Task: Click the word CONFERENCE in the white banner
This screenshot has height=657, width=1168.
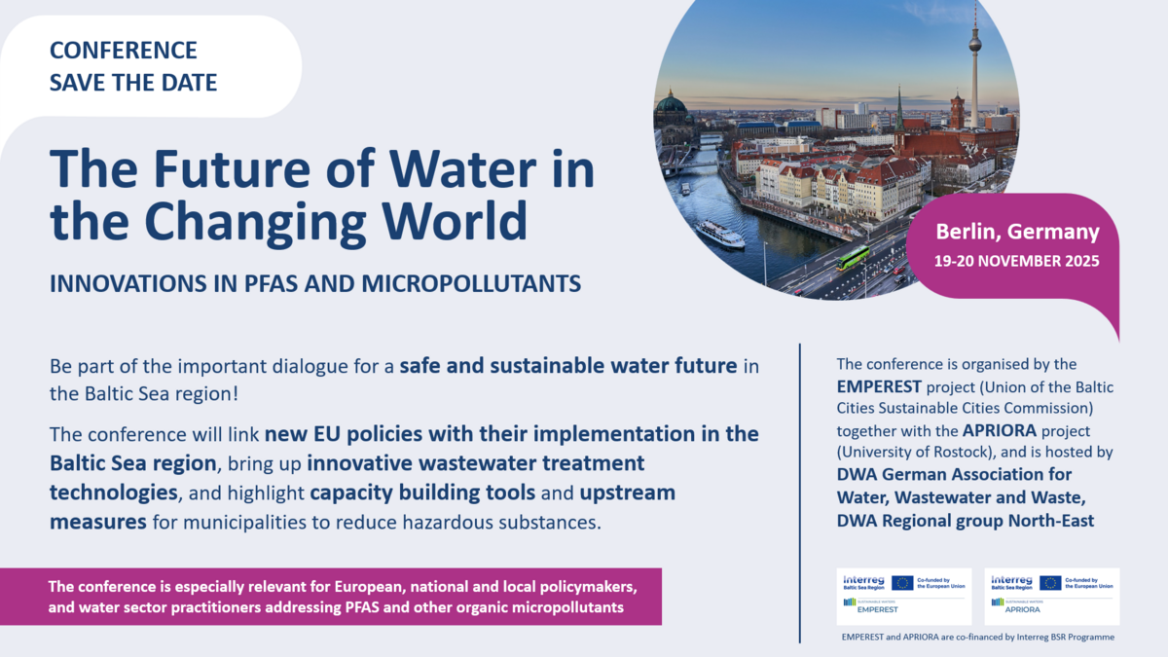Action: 123,51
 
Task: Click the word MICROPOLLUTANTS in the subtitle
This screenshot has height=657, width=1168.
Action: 471,283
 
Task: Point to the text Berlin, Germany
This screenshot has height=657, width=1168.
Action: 1017,232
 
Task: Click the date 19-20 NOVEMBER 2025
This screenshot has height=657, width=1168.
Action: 1017,261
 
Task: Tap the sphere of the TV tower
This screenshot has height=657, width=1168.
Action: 975,41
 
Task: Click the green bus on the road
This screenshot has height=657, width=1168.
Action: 853,259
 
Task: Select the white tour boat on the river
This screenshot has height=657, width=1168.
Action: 720,235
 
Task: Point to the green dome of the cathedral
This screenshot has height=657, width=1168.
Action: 672,103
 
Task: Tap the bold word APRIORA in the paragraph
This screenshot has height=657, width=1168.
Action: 999,430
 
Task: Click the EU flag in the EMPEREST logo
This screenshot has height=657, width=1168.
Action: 902,583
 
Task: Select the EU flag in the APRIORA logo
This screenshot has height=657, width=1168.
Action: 1050,583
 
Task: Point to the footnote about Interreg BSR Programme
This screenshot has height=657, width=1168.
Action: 977,637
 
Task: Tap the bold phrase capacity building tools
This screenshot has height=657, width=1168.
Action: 422,493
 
